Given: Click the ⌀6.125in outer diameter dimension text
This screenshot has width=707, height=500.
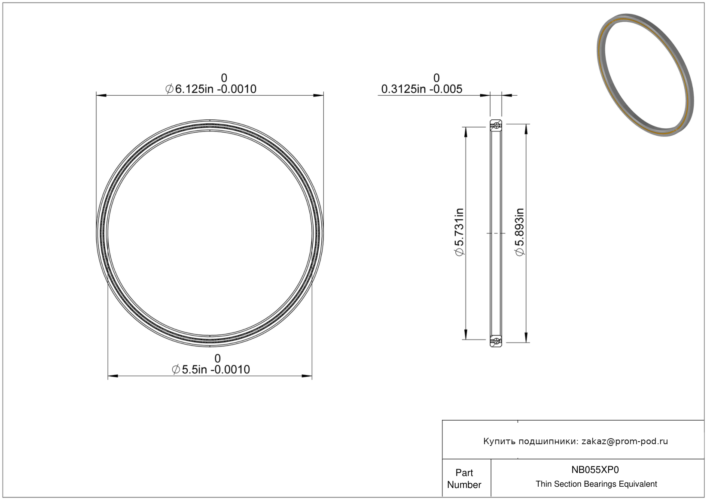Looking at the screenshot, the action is (211, 89).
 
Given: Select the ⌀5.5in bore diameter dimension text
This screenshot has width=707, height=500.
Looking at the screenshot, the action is (211, 370).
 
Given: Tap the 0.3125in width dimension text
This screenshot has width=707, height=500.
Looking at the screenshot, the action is (422, 89).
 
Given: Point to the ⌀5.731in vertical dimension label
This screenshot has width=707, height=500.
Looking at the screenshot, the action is (459, 232).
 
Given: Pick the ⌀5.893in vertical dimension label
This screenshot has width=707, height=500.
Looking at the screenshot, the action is (520, 232).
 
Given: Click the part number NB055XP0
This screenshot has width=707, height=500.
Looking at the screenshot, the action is (595, 470).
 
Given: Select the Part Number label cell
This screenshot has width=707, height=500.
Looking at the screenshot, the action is (464, 479).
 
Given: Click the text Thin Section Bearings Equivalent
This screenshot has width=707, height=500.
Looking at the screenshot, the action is (596, 484).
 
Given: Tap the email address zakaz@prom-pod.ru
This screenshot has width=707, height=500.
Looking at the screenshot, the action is (625, 441).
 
